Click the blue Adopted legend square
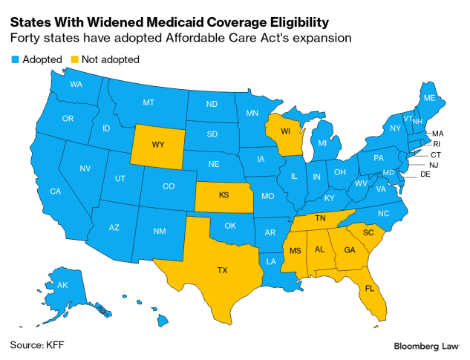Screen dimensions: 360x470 click(14, 59)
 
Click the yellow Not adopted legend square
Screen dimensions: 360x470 click(75, 59)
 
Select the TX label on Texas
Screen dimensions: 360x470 click(222, 270)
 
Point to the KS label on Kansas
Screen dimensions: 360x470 click(223, 195)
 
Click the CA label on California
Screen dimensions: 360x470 click(55, 192)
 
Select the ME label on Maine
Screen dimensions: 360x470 click(429, 98)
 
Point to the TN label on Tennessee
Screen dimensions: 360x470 click(321, 220)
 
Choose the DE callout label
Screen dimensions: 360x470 click(425, 174)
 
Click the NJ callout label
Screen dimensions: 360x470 click(434, 164)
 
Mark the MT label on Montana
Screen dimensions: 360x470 click(148, 102)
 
